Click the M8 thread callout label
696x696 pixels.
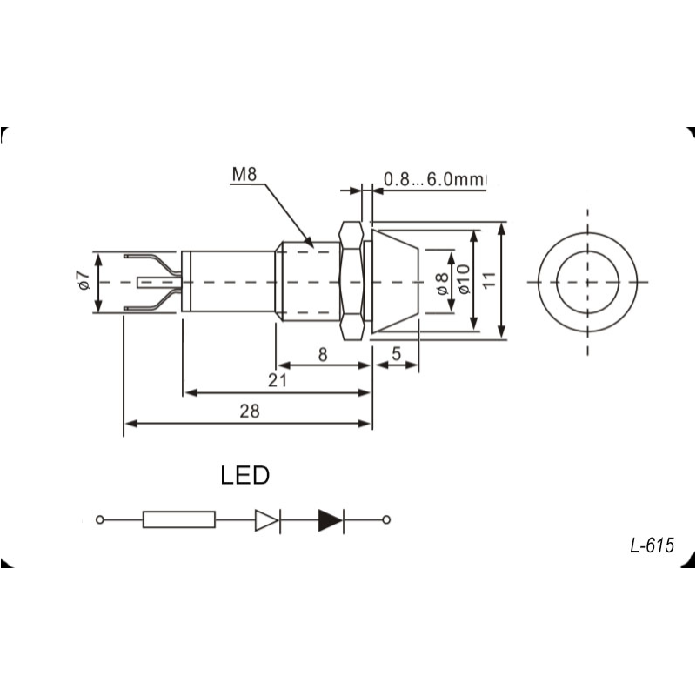244,175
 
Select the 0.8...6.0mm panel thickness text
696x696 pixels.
434,179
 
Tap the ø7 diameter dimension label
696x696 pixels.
84,280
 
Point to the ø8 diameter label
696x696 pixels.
442,284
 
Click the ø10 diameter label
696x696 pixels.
464,279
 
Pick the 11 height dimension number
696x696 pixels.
489,280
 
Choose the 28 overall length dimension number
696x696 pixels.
250,411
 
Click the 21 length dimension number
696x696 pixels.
277,380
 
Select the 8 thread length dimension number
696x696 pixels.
323,354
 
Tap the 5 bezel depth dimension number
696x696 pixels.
397,354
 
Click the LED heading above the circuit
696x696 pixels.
245,475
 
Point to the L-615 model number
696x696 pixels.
652,545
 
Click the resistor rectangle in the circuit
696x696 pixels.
179,519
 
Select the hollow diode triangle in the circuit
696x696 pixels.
267,519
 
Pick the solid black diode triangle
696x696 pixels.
331,519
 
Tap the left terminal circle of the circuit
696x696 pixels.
100,519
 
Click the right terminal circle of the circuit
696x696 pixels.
386,519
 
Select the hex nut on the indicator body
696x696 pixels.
351,281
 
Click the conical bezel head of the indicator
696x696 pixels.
396,281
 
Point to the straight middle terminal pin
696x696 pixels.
159,282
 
